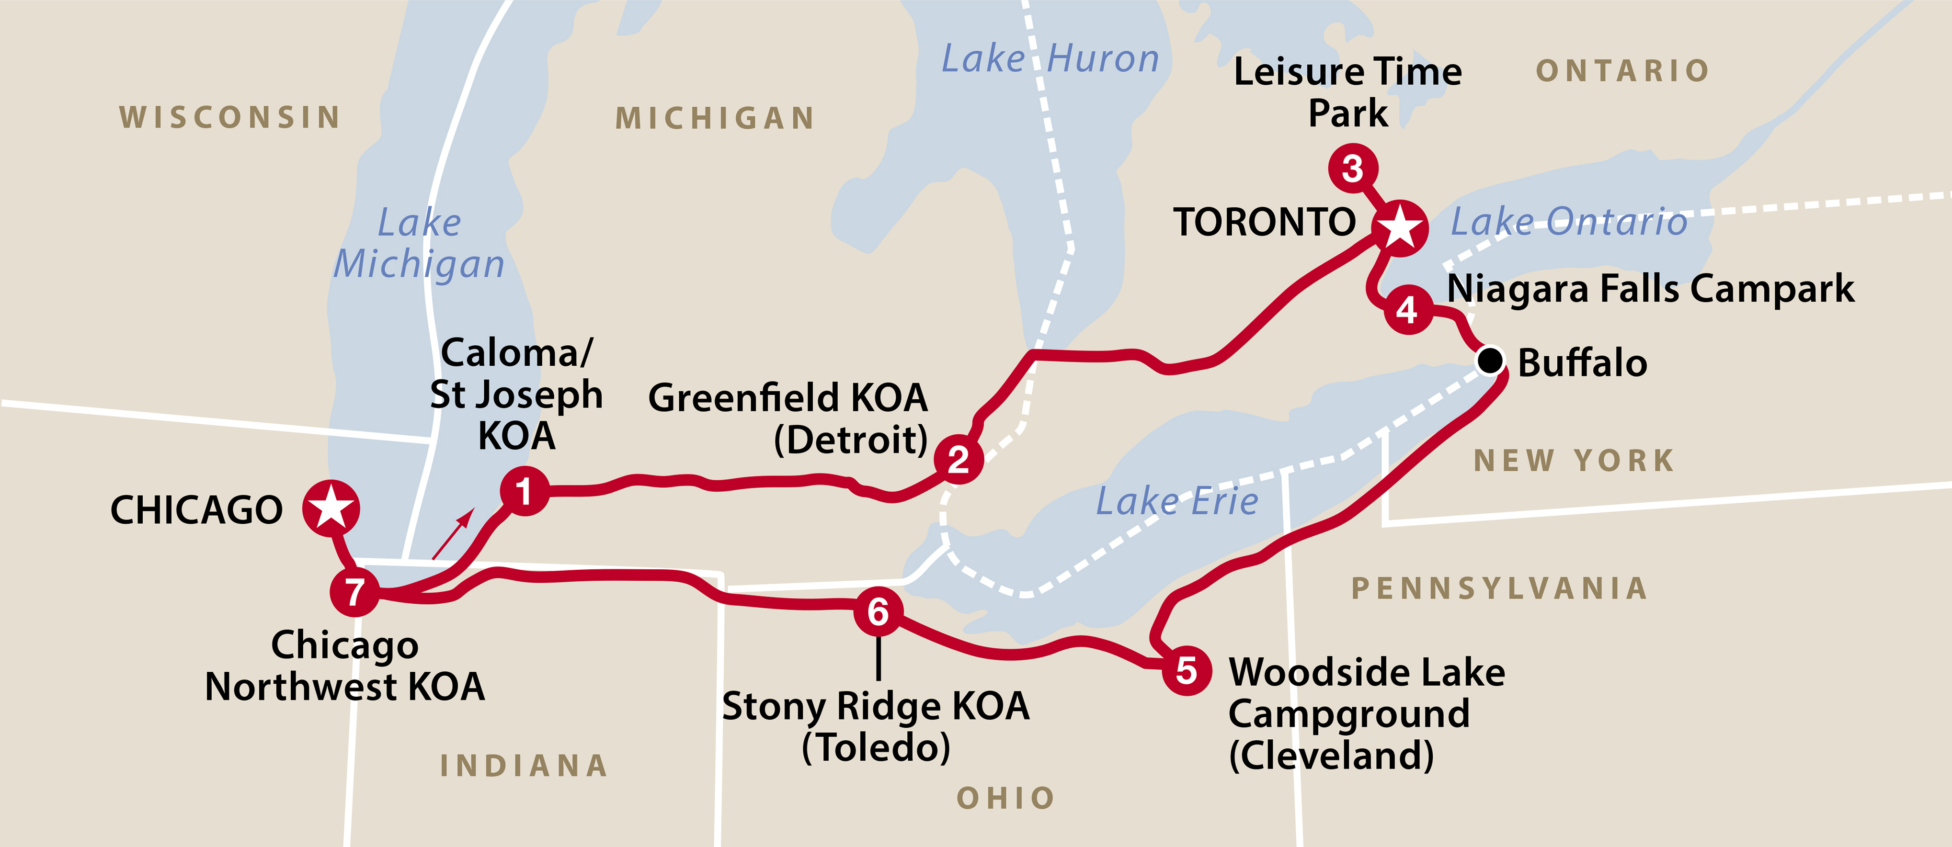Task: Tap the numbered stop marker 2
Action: [959, 458]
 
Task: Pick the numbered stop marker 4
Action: [1408, 309]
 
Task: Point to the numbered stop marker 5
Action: [1187, 670]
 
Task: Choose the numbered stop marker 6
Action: [878, 611]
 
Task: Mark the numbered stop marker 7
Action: [354, 592]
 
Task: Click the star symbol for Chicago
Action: [331, 508]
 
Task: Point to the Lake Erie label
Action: [1177, 501]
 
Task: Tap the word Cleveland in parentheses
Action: [1331, 756]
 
